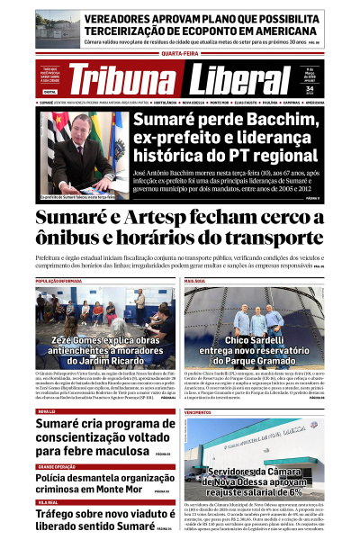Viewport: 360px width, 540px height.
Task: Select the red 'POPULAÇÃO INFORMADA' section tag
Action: (x=58, y=282)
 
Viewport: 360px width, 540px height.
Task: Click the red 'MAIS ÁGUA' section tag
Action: (x=195, y=282)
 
